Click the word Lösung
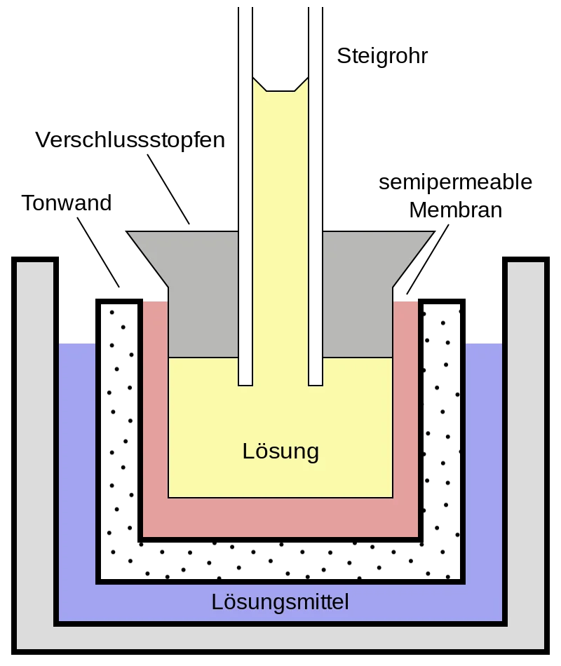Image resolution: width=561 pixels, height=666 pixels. point(280,451)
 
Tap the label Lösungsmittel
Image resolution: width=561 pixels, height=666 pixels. point(280,602)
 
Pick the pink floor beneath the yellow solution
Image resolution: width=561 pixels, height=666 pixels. point(280,517)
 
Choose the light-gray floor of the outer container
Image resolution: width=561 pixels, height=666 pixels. point(280,637)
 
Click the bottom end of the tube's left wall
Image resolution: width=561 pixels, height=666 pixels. point(245,383)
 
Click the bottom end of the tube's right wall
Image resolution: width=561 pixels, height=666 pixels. point(316,383)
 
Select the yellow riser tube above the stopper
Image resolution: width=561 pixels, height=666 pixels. point(280,161)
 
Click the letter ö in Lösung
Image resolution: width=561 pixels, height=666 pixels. point(260,451)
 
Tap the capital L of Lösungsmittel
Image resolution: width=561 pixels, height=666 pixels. point(217,602)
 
